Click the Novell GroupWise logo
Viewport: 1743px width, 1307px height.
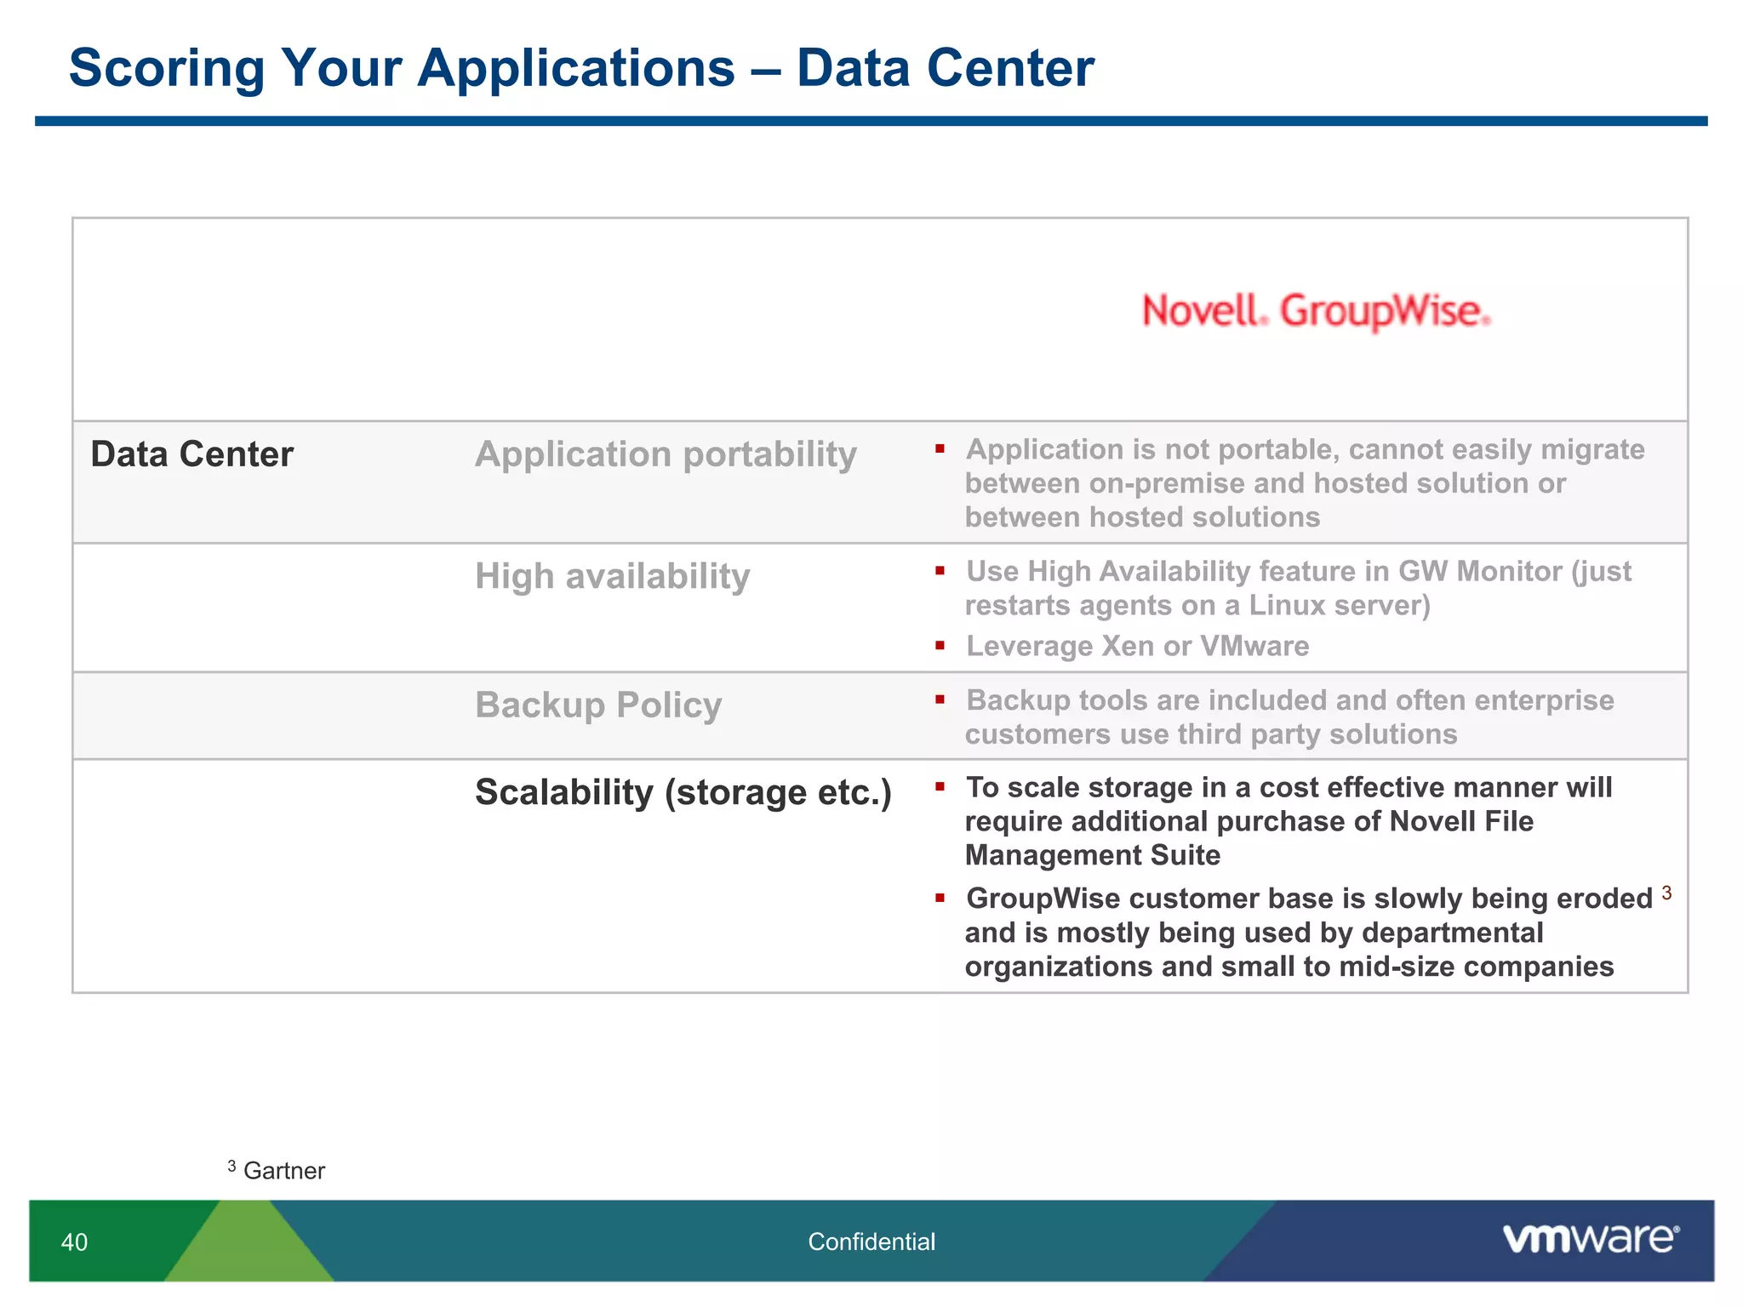[x=1315, y=311]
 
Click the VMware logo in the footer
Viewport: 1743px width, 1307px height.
[x=1590, y=1239]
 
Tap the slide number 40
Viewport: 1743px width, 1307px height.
[x=74, y=1242]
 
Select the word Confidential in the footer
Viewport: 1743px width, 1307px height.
[x=871, y=1242]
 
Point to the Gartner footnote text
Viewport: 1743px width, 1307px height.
[x=283, y=1171]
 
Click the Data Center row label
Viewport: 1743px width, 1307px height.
[x=191, y=454]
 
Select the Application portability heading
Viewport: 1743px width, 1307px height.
[x=666, y=454]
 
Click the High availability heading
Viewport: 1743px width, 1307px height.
[x=612, y=577]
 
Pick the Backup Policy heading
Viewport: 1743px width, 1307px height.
[x=598, y=705]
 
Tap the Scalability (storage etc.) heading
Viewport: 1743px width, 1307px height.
[x=683, y=792]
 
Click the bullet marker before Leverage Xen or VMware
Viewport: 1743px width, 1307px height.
[x=940, y=646]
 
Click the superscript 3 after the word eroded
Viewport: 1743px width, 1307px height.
[x=1666, y=893]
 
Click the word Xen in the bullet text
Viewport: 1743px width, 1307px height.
[x=1129, y=647]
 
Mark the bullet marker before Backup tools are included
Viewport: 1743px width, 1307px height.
[x=940, y=699]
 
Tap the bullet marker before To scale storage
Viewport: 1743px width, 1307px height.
[x=940, y=787]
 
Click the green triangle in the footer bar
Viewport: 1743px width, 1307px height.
[x=249, y=1247]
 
